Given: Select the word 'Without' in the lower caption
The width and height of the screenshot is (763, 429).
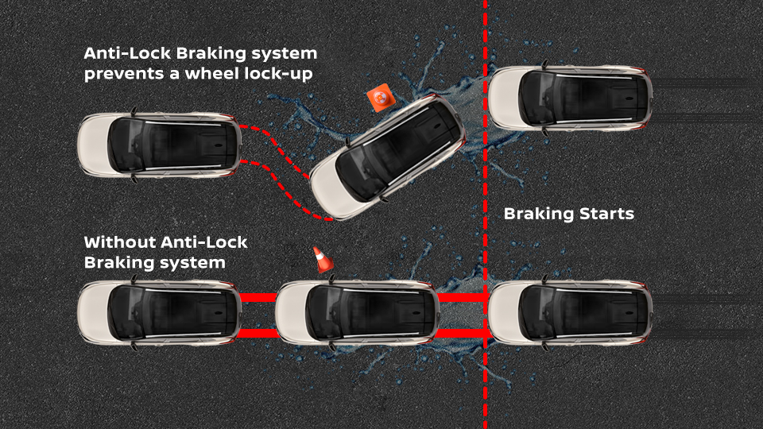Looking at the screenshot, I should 118,242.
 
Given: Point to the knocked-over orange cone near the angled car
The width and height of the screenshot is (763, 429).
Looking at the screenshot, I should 378,99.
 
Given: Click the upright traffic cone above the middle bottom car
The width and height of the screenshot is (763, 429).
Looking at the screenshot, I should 321,259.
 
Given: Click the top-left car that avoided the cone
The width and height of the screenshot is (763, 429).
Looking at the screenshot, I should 159,146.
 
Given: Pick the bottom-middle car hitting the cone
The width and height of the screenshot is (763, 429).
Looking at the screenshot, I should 356,311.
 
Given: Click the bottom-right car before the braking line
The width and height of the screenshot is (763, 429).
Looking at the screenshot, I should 569,311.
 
